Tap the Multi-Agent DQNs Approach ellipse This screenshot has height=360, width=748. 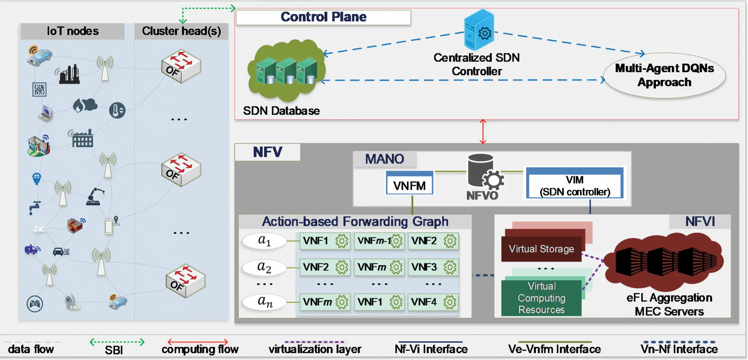point(664,75)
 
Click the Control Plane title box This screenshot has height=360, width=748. point(323,17)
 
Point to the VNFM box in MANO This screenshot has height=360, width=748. point(409,185)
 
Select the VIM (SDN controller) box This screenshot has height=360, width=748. point(574,185)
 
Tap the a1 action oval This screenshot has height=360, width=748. point(264,241)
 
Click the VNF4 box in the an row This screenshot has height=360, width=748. point(433,302)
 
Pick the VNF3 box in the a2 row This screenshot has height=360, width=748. point(433,267)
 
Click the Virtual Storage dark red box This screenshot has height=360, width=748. point(541,249)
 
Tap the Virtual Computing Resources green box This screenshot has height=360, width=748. point(541,298)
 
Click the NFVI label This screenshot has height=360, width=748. point(700,221)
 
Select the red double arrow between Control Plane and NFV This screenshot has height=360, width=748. point(483,132)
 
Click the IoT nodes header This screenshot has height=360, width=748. point(72,31)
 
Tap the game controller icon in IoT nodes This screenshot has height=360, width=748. point(35,304)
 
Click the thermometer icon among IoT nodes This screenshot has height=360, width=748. point(117,111)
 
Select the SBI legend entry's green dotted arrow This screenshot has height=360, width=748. point(117,342)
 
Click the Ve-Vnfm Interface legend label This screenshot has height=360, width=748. point(554,349)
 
